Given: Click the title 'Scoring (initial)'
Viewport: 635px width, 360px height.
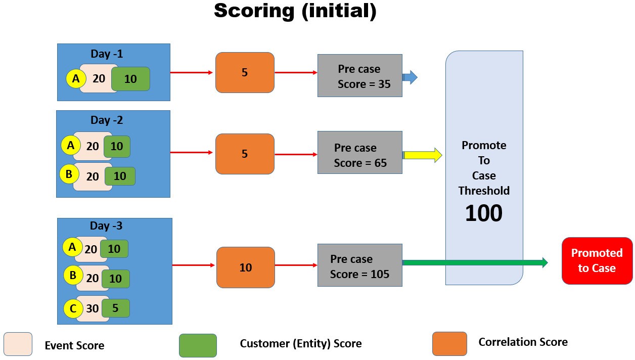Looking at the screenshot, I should coord(295,11).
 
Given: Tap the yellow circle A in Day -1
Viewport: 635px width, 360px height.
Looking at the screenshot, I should coord(76,79).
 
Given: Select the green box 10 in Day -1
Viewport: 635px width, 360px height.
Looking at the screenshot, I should coord(130,79).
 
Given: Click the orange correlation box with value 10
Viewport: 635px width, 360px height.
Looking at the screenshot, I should coord(245,267).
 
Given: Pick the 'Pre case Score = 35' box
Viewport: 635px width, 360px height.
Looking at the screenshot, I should coord(359,76).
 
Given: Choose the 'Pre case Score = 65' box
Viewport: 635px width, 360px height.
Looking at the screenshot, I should coord(359,153).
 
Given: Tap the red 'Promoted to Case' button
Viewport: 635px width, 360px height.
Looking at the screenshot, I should coord(597,260).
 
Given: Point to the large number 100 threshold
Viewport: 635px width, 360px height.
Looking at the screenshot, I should coord(483,213).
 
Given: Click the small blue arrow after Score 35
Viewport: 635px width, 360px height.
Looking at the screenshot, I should coord(410,77).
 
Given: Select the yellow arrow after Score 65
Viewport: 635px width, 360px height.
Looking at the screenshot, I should coord(423,155).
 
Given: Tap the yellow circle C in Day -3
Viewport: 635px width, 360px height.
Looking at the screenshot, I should coord(73,308).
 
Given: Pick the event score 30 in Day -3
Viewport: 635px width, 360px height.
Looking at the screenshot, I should coord(93,308).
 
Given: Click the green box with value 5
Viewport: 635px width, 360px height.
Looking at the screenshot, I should coord(115,308).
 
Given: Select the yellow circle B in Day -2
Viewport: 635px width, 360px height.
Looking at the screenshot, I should coord(69,175).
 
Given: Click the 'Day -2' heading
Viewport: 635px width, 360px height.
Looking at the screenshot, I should coord(107,120).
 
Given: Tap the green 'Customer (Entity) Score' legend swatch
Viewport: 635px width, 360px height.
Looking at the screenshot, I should coord(198,345).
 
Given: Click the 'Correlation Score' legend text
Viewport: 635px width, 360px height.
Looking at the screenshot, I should coord(523,342).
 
